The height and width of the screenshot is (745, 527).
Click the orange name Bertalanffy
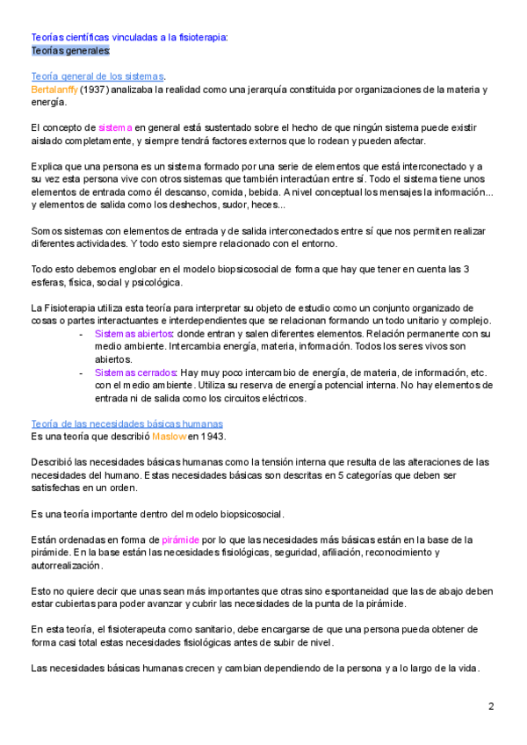[54, 90]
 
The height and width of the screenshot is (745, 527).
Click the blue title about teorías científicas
[129, 38]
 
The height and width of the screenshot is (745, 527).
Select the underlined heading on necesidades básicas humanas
[126, 423]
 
